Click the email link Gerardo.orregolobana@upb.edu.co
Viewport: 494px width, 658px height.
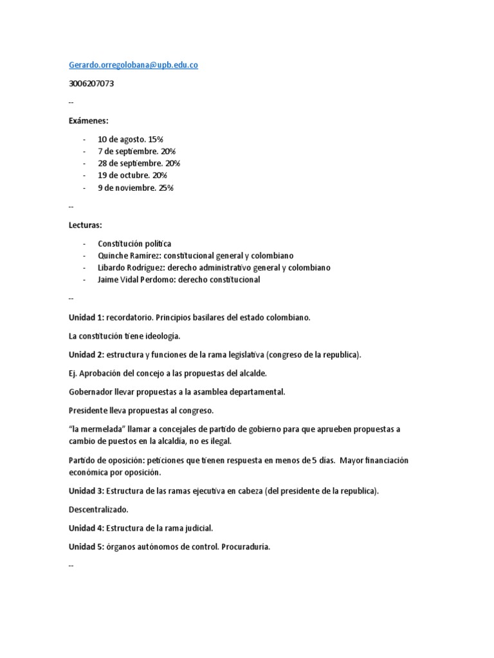[x=133, y=65]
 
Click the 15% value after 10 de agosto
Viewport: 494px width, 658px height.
[x=156, y=139]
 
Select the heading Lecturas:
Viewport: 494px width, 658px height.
[x=87, y=225]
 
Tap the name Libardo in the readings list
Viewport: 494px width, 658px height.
[x=113, y=267]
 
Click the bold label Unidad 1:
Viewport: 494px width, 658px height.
[x=86, y=317]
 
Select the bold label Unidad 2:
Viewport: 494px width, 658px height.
[x=86, y=355]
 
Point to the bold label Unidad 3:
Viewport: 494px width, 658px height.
[x=86, y=491]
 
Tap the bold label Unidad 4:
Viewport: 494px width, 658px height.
[x=86, y=528]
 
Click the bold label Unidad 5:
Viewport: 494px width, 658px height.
[x=86, y=547]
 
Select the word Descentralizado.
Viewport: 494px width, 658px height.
[x=98, y=510]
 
